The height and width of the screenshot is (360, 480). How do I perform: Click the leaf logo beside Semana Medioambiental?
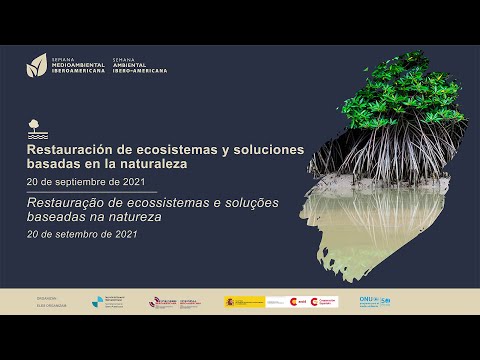pos(36,65)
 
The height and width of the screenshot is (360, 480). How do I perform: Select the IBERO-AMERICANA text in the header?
pos(140,71)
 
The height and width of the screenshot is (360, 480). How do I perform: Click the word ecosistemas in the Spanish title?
pos(160,148)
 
